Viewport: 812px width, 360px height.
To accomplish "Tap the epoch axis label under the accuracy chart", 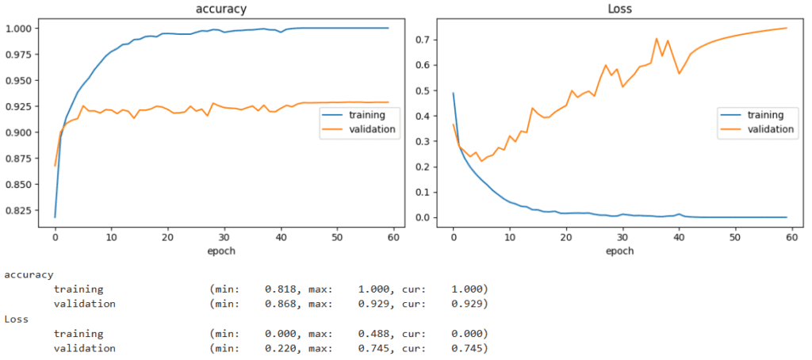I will point(220,251).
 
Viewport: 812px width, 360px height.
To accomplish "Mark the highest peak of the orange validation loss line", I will point(656,38).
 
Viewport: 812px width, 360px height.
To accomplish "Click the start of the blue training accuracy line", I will point(55,216).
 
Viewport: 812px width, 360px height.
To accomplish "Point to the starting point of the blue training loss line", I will point(453,94).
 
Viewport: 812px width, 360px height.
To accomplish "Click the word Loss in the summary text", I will point(17,319).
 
